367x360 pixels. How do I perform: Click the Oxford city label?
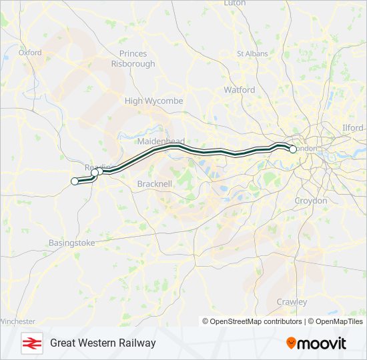(x=30, y=53)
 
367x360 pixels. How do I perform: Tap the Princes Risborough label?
(x=137, y=59)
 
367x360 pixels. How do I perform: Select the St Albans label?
(x=252, y=53)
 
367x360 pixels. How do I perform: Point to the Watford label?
(x=239, y=89)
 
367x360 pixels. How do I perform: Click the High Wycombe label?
(x=153, y=101)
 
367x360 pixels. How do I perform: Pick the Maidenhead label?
(x=155, y=142)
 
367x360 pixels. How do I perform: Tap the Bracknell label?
(x=155, y=183)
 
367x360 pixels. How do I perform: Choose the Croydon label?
(x=311, y=200)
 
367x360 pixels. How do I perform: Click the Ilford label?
(x=352, y=127)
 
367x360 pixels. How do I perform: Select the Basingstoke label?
(x=71, y=243)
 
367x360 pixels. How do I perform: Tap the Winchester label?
(x=17, y=321)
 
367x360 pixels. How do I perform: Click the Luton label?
(x=235, y=3)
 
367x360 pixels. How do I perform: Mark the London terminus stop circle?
(x=293, y=149)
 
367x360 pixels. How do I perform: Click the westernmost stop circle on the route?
(x=75, y=181)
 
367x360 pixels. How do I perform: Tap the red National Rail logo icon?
(x=31, y=343)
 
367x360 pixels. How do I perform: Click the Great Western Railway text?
(x=103, y=343)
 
